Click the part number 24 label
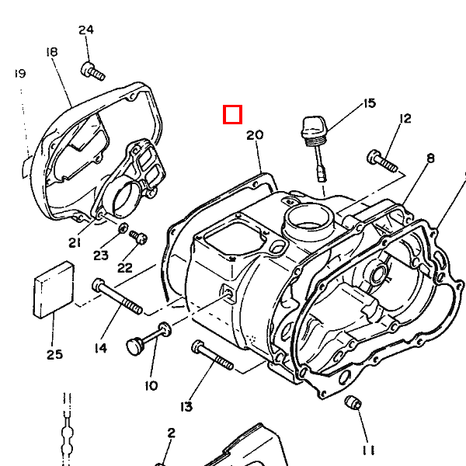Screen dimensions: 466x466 pyautogui.click(x=85, y=30)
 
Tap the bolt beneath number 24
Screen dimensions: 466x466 pyautogui.click(x=92, y=72)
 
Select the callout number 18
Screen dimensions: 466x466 pyautogui.click(x=52, y=52)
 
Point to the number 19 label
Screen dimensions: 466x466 pyautogui.click(x=20, y=74)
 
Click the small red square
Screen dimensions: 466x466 pyautogui.click(x=232, y=115)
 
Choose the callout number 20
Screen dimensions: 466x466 pyautogui.click(x=255, y=135)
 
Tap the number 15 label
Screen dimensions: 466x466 pyautogui.click(x=368, y=103)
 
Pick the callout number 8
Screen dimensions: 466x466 pyautogui.click(x=430, y=158)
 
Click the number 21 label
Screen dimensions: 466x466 pyautogui.click(x=75, y=242)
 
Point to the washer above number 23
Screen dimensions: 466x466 pyautogui.click(x=123, y=228)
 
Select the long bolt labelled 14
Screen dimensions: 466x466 pyautogui.click(x=117, y=297)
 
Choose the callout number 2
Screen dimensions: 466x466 pyautogui.click(x=171, y=433)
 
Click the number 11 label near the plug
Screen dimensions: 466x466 pyautogui.click(x=367, y=450)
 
